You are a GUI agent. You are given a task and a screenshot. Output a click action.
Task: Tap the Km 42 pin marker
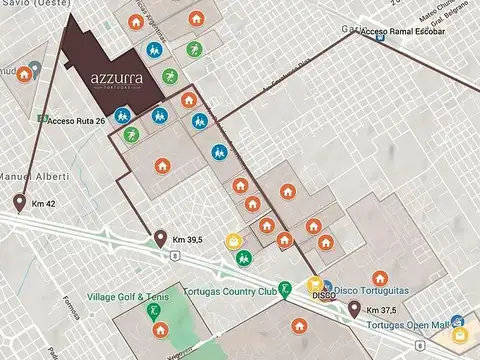tap(20, 204)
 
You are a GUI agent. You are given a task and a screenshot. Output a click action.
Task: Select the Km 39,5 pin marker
tap(160, 238)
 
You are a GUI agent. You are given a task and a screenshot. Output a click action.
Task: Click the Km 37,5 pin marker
tap(354, 308)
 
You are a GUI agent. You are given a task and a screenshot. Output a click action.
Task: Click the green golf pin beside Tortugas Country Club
tap(284, 290)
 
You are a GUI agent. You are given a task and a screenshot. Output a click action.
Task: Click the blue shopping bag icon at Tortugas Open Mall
tap(457, 322)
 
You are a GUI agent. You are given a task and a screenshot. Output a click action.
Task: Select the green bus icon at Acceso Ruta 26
tap(41, 119)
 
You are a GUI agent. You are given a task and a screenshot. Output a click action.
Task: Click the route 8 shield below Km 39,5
tap(174, 256)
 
